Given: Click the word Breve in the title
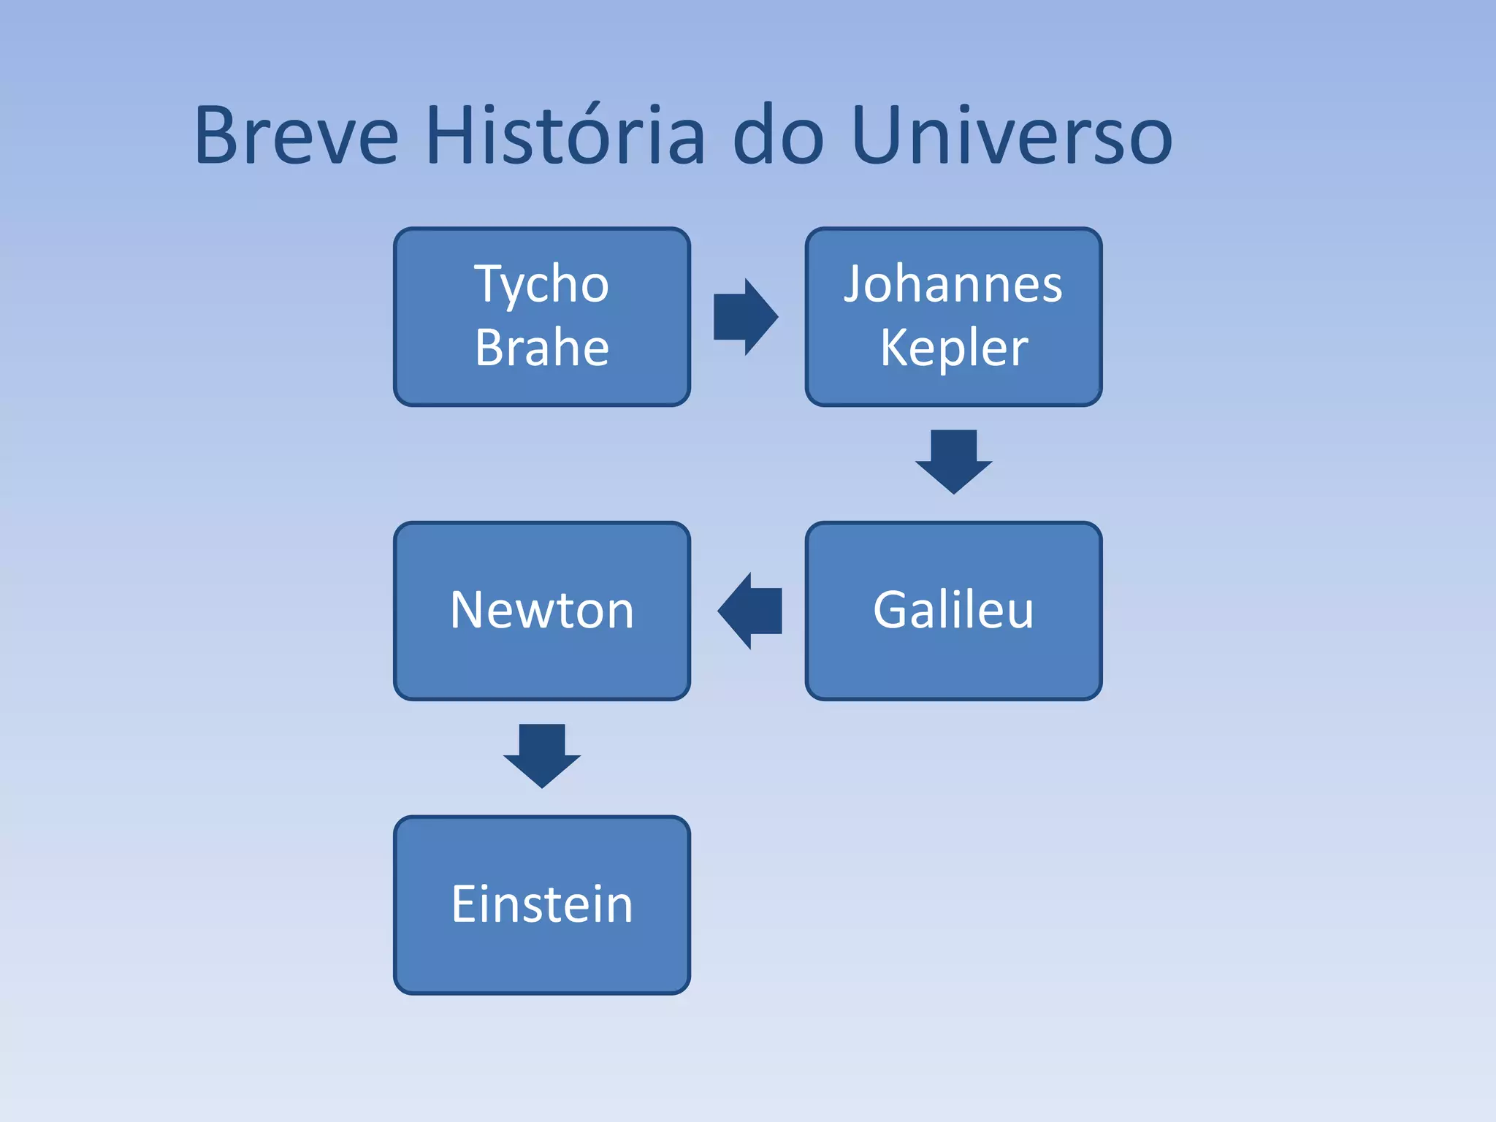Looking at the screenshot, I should (297, 136).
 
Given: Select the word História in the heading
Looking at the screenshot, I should (566, 136).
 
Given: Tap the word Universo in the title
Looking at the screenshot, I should (1012, 136).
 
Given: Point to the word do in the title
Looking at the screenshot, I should (779, 136).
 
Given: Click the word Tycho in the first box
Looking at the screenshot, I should (542, 285).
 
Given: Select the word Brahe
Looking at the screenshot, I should (542, 348).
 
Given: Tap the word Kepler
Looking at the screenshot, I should (953, 348).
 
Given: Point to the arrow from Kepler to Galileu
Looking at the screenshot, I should (953, 462).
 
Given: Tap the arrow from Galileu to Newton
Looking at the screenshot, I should (749, 611).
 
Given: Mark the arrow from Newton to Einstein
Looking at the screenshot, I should (542, 756).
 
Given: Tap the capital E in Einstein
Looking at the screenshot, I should (465, 904).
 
